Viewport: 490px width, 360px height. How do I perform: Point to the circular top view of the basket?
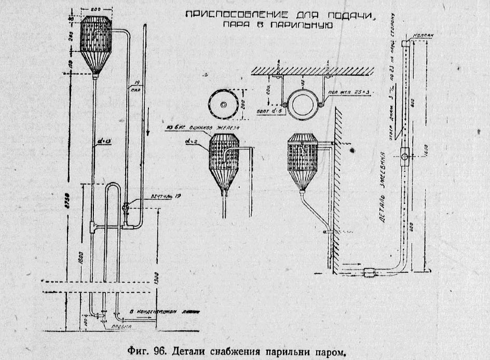tap(224, 104)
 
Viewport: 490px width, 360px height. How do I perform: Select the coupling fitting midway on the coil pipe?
tap(405, 155)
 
